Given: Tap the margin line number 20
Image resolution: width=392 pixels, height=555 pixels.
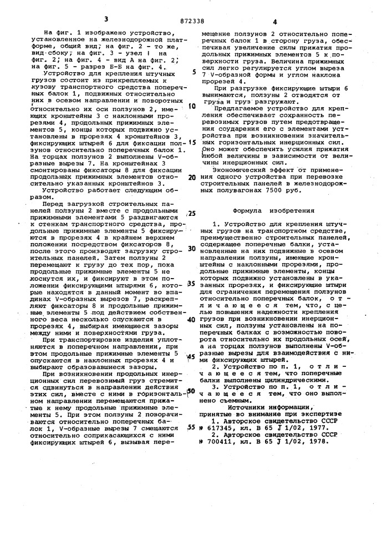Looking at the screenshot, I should coord(192,178).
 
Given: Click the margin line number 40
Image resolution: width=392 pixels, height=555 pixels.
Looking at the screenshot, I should coord(192,320).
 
